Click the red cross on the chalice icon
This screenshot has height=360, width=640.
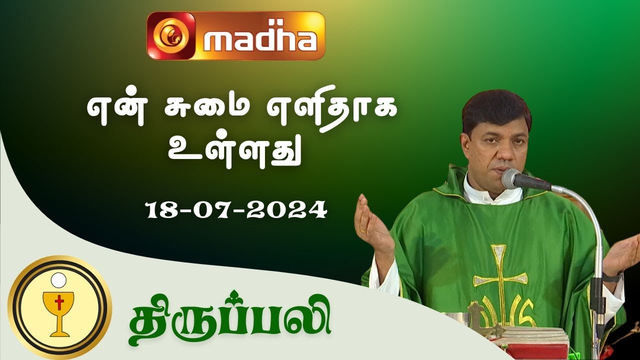coord(59,303)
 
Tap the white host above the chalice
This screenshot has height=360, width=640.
coord(59,278)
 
